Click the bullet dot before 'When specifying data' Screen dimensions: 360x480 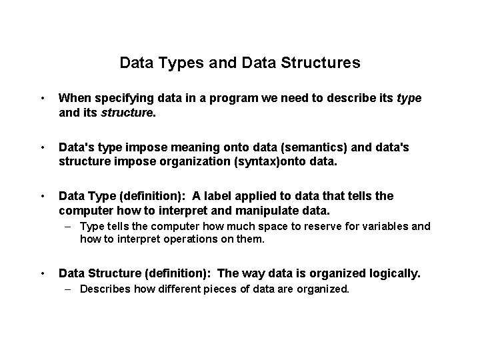[42, 99]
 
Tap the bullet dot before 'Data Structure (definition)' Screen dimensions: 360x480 [42, 273]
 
